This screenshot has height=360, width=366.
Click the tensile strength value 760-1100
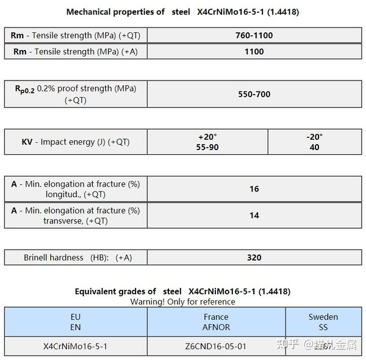click(254, 35)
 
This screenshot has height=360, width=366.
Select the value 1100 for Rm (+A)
click(254, 52)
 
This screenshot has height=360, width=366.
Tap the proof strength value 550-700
click(254, 94)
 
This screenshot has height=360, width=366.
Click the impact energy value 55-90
click(208, 147)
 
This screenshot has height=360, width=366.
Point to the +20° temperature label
click(208, 137)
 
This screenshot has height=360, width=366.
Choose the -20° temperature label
click(314, 137)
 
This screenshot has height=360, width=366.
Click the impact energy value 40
click(314, 147)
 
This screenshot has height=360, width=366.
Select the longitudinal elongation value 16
click(254, 189)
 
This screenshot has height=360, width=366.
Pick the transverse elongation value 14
click(254, 215)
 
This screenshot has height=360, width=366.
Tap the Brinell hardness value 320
click(254, 257)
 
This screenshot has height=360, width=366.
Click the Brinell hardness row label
click(77, 257)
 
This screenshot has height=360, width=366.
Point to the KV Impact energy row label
click(76, 142)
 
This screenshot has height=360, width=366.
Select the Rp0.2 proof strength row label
click(76, 94)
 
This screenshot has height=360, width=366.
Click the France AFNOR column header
click(216, 322)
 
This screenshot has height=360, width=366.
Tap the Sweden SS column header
click(323, 322)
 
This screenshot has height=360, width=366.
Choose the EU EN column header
click(76, 322)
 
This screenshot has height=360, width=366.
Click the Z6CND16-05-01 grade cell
click(216, 346)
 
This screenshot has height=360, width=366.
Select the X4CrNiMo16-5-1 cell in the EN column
click(76, 346)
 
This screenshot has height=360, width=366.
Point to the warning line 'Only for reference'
click(182, 302)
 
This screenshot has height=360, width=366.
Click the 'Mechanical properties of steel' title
click(182, 12)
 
